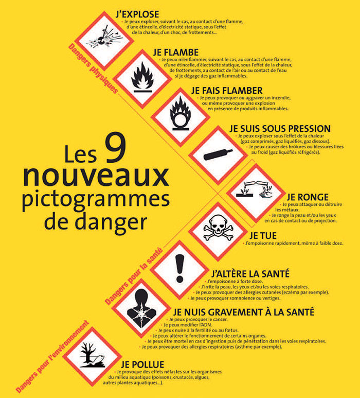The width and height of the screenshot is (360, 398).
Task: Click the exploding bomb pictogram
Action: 104,39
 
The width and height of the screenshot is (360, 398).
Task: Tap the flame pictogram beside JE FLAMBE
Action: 142,77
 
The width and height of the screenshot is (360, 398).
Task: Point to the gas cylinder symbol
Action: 218,155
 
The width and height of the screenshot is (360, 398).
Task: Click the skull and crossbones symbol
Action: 218,228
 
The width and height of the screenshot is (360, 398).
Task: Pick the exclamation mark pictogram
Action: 180,269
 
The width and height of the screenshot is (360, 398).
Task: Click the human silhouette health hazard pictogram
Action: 141,308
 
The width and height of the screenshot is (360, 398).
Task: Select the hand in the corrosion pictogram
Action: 266,194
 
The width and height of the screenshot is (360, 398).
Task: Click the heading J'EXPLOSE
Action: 137,14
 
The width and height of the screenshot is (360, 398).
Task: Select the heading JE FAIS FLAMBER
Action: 227,91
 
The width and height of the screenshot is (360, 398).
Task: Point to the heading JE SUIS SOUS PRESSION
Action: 280,128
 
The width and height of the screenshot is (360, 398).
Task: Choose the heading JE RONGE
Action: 308,197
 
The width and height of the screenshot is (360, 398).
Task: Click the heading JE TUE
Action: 263,236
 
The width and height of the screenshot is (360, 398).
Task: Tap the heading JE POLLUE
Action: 142,365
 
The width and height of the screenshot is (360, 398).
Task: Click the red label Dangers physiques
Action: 93,68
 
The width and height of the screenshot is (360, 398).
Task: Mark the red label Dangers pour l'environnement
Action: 52,357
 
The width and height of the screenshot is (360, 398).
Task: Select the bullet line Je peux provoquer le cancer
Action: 197,319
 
